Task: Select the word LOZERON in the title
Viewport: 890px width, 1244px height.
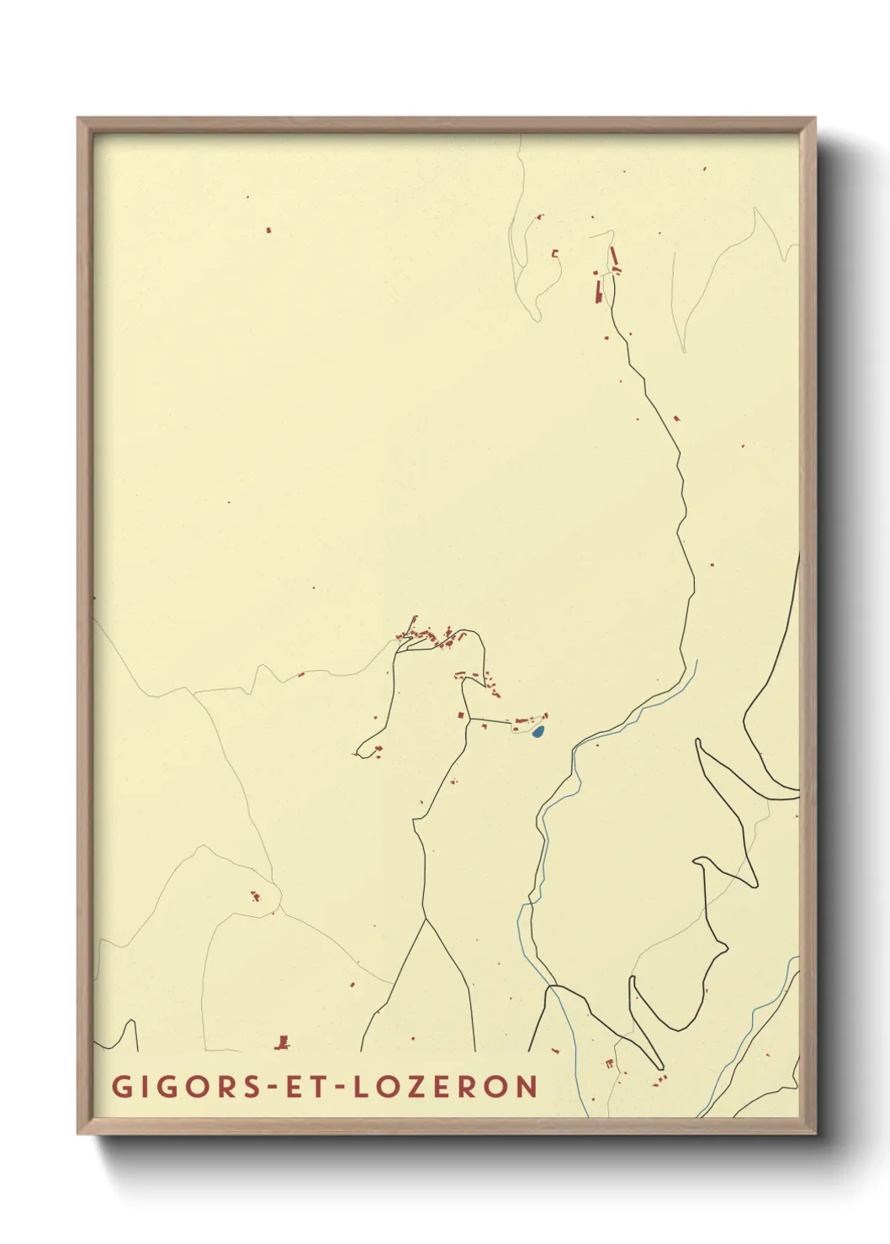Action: [446, 1086]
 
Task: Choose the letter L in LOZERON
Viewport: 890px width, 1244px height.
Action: [360, 1086]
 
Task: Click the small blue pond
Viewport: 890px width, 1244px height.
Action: [538, 732]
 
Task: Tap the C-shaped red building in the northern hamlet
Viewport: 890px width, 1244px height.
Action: [555, 253]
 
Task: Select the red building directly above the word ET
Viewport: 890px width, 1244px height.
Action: [283, 1042]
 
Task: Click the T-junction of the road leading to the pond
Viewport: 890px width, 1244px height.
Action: [469, 719]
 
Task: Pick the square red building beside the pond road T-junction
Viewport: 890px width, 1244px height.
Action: [460, 714]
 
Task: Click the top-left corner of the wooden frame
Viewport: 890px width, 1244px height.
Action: [78, 119]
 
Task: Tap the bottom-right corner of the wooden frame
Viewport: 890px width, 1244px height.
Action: [814, 1133]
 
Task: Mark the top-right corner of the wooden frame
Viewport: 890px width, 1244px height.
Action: [814, 119]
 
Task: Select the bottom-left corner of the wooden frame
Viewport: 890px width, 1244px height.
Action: [78, 1133]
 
